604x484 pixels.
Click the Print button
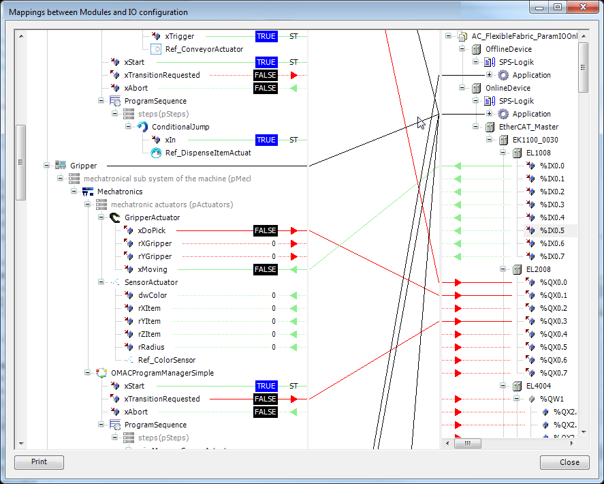[39, 462]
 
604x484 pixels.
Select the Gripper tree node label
[84, 166]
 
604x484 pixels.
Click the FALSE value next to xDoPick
[266, 230]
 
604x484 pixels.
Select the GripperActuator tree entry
[152, 217]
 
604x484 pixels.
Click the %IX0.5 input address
[552, 230]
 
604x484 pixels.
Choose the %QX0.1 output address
[553, 295]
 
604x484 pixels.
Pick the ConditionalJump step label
[180, 127]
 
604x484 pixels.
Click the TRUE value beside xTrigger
[266, 36]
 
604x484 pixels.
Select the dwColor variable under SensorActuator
[153, 295]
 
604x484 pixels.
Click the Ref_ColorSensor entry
[167, 360]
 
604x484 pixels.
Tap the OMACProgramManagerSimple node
[162, 373]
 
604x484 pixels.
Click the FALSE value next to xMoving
[266, 269]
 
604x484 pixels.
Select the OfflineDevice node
[508, 49]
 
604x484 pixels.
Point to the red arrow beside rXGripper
[293, 243]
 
